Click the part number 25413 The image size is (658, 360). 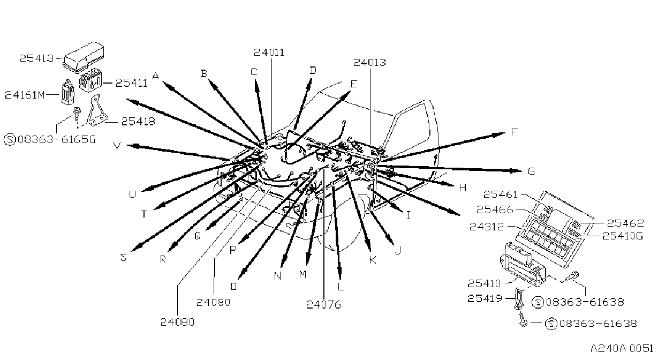(37, 58)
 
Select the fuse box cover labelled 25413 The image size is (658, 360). (84, 58)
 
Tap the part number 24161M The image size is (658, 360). (25, 95)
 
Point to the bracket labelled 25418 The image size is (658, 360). (96, 111)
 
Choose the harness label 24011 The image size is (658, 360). (269, 52)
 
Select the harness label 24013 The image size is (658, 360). (369, 62)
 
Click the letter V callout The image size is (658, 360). (117, 145)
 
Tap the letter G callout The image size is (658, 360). (531, 171)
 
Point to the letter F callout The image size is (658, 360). (514, 132)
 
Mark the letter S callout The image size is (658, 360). (124, 257)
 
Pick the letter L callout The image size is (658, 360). (341, 286)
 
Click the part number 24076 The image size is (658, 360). (323, 304)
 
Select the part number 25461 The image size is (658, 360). (500, 194)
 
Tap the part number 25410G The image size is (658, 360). (623, 236)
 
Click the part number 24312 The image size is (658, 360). (487, 227)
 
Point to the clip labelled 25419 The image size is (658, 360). (518, 299)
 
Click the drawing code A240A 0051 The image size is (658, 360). (622, 348)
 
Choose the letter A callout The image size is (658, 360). (156, 76)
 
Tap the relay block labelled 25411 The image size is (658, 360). (90, 80)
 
